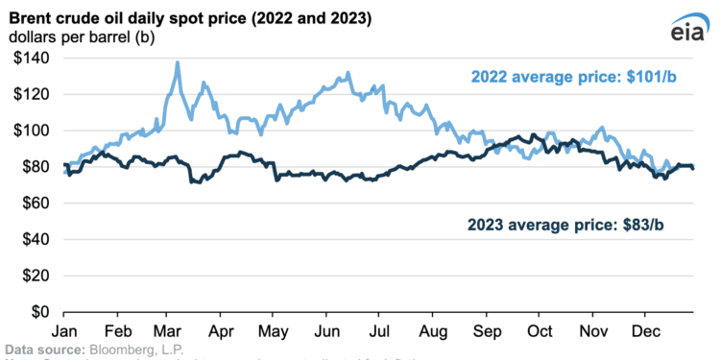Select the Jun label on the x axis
[326, 328]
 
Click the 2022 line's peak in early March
[178, 63]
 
